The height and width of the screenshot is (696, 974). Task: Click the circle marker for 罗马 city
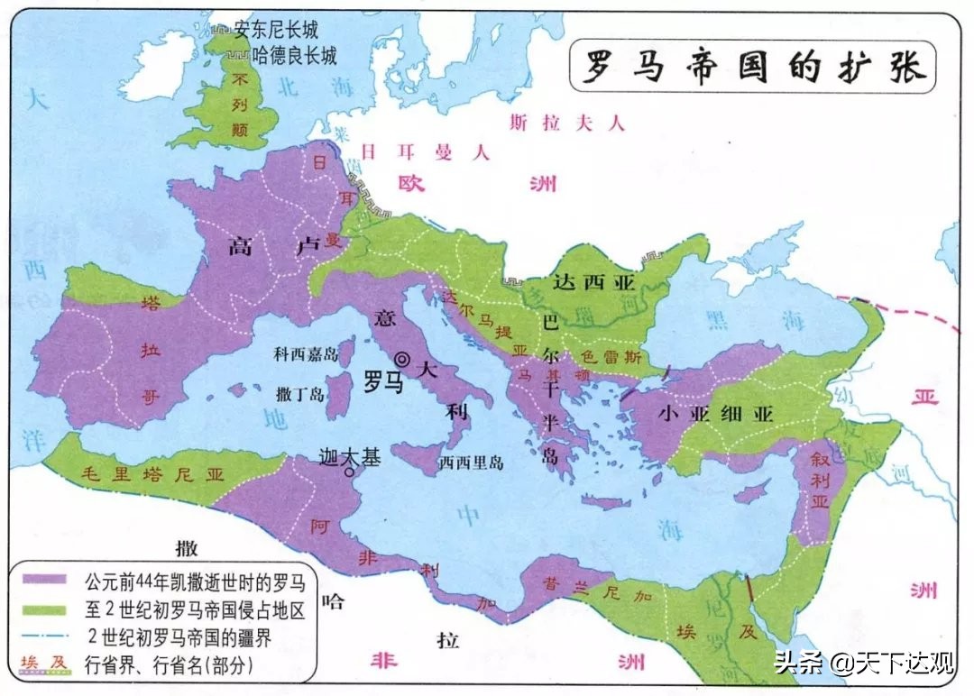(402, 360)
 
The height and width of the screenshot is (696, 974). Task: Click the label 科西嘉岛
(306, 354)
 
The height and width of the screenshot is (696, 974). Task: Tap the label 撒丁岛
(300, 394)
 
